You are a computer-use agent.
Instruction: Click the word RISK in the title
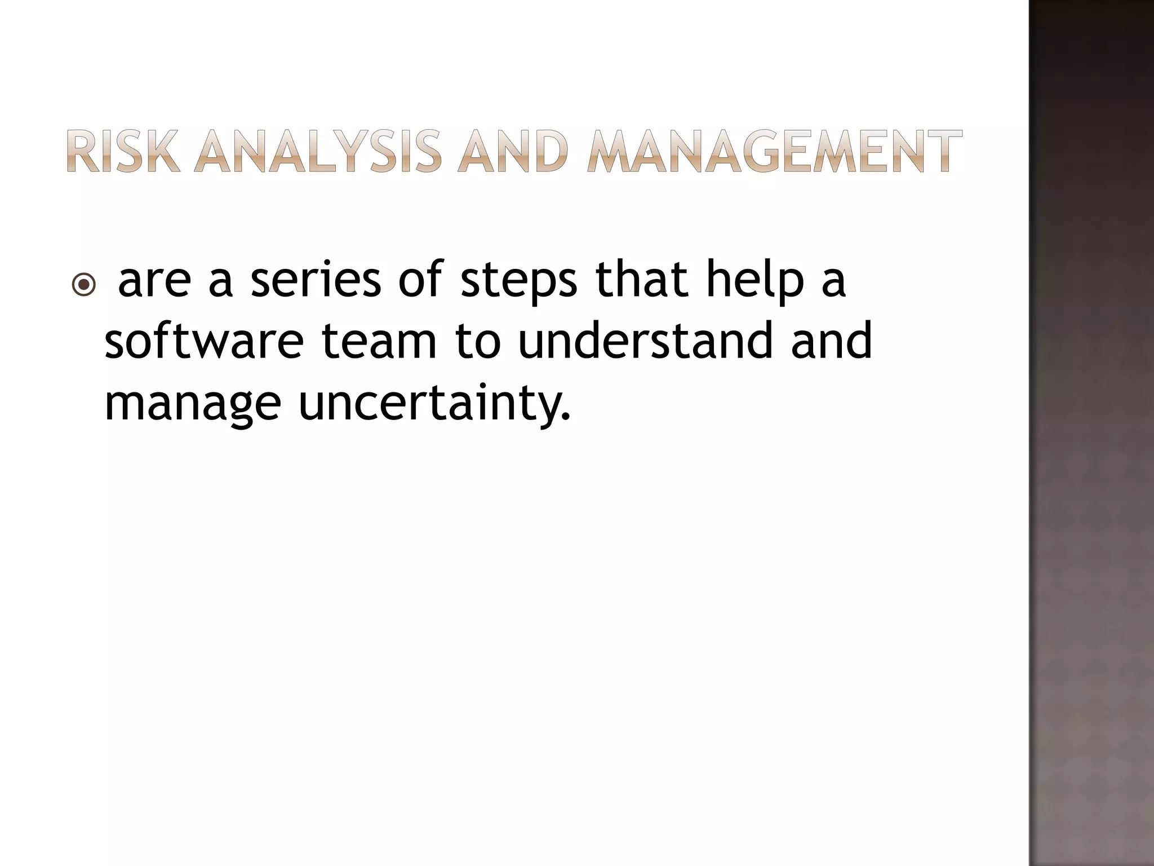[124, 151]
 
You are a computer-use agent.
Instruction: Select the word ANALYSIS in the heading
[317, 151]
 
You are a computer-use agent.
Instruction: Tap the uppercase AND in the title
[512, 151]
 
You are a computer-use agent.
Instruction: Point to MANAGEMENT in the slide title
[774, 151]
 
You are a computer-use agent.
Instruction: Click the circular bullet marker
[84, 285]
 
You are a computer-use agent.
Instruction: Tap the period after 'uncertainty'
[566, 418]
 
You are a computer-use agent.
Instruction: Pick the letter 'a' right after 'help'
[833, 281]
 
